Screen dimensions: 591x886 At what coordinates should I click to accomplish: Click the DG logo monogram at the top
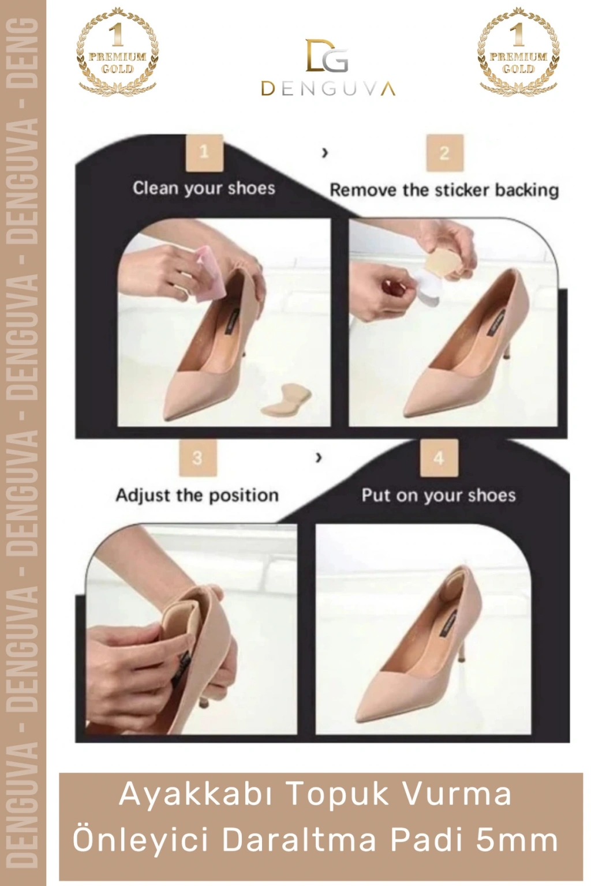click(327, 56)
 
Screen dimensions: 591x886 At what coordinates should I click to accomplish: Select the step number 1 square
click(204, 153)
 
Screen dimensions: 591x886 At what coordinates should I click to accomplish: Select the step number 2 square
click(444, 153)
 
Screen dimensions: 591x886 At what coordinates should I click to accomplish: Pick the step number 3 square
click(197, 458)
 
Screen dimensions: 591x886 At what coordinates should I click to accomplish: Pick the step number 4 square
click(438, 458)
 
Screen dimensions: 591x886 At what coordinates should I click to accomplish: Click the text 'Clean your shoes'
click(204, 188)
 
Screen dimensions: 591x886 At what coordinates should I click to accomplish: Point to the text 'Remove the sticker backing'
click(444, 190)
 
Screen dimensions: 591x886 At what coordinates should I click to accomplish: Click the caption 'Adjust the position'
click(197, 495)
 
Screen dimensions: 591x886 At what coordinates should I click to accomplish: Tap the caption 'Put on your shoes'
click(439, 495)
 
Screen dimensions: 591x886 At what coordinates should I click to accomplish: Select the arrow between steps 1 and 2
click(325, 153)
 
